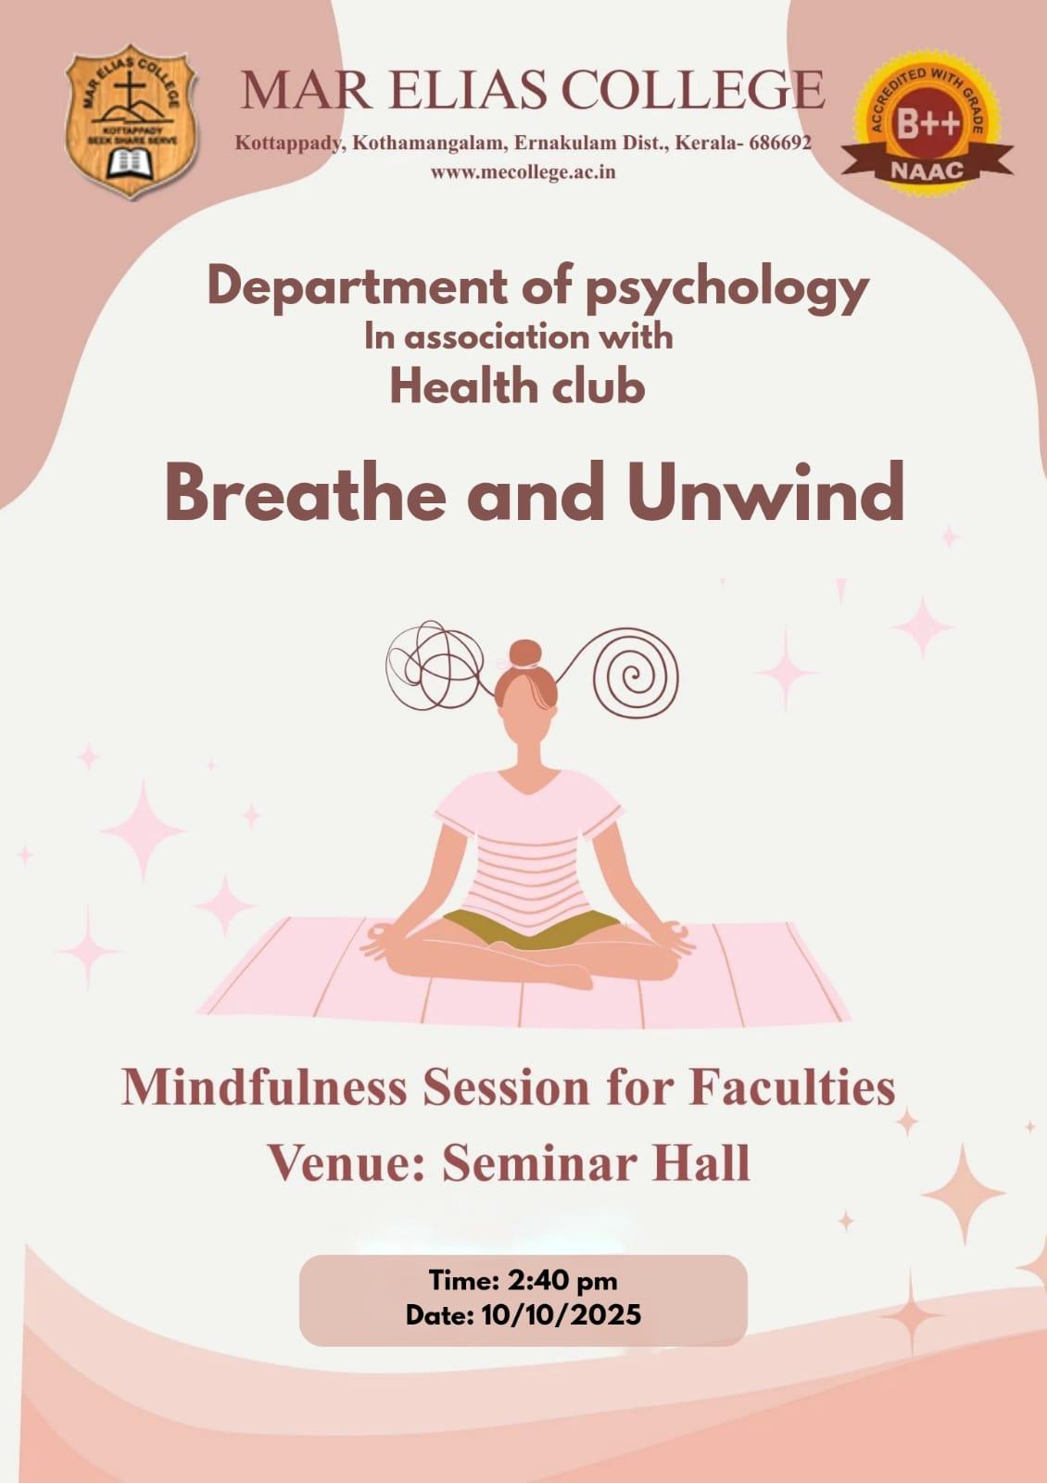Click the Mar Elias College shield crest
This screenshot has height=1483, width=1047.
(x=131, y=121)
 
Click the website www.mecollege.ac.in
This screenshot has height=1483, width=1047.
(x=523, y=172)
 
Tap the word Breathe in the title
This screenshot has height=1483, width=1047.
(x=305, y=492)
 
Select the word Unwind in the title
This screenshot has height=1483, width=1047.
(x=765, y=492)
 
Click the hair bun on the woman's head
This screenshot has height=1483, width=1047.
(x=525, y=653)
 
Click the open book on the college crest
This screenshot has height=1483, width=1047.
(x=130, y=163)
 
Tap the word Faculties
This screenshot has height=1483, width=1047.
(x=791, y=1088)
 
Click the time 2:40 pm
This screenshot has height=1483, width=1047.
(x=562, y=1280)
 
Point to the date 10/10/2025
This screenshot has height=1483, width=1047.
(x=561, y=1314)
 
